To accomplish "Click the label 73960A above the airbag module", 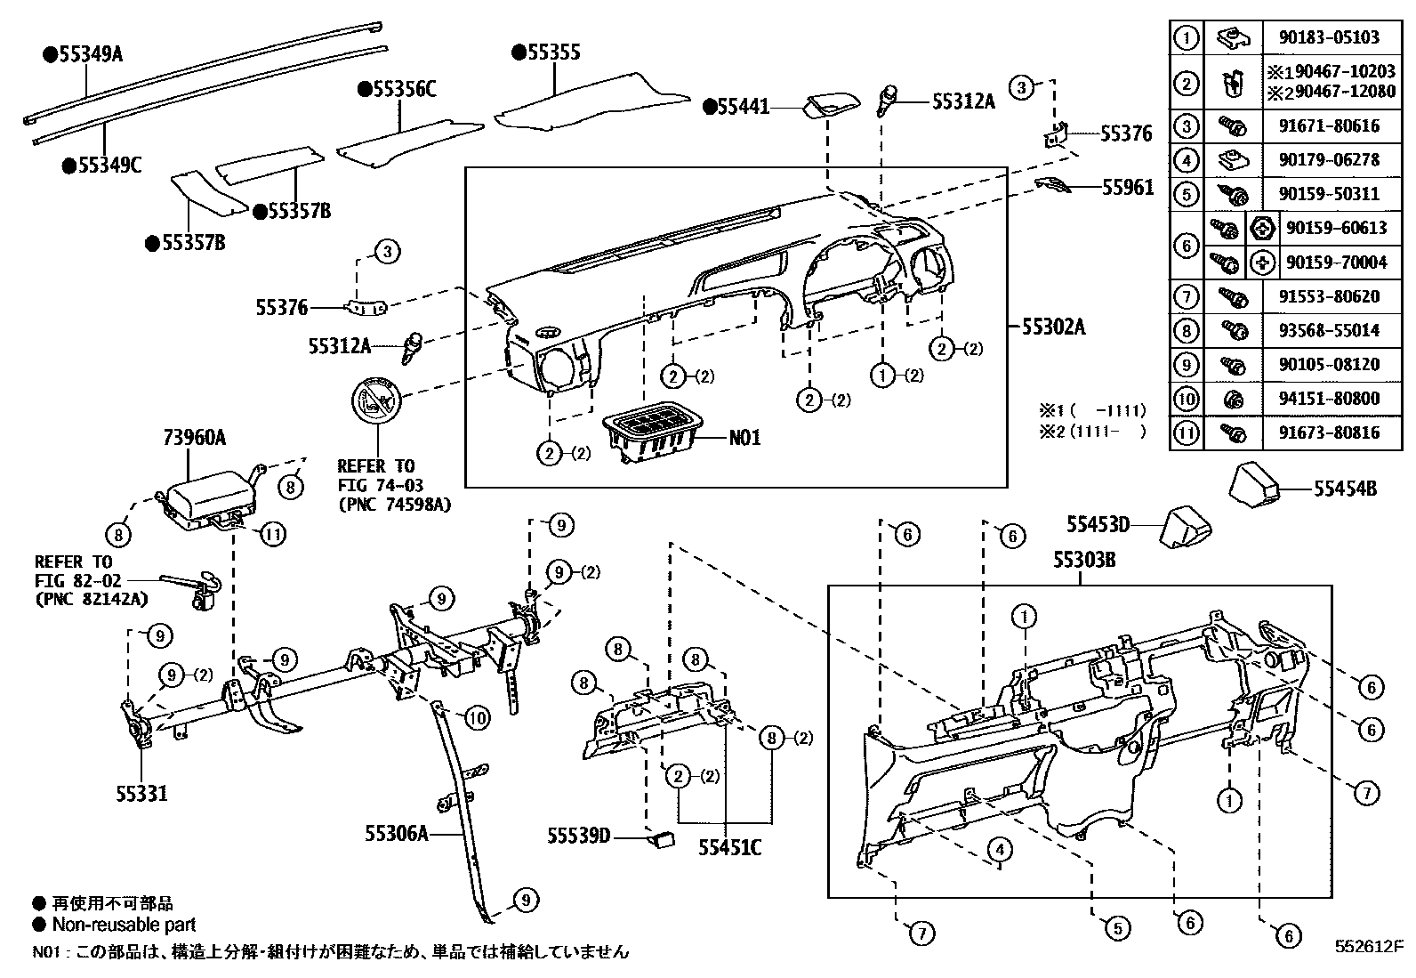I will (194, 438).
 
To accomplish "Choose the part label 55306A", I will (396, 834).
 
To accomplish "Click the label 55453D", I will (1098, 524).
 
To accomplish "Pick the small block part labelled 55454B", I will (1254, 483).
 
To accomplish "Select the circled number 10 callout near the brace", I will (478, 716).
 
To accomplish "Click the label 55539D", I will (579, 836).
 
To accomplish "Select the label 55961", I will (1127, 187).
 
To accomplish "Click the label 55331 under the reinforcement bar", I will (141, 793).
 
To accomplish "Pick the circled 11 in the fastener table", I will (1186, 433).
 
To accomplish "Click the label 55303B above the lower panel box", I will (1084, 560).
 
